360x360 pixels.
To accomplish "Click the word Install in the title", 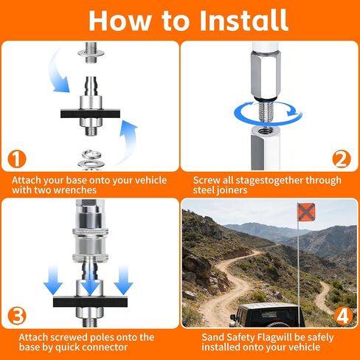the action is pyautogui.click(x=243, y=20).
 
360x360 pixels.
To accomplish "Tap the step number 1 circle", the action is pyautogui.click(x=17, y=159).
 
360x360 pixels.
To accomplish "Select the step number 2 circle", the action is pyautogui.click(x=342, y=159).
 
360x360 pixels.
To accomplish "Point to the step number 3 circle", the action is pyautogui.click(x=17, y=316).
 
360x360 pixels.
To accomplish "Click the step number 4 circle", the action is pyautogui.click(x=342, y=316).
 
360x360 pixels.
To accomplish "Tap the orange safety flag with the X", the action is pyautogui.click(x=306, y=212).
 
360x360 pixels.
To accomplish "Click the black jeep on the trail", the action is pyautogui.click(x=268, y=315).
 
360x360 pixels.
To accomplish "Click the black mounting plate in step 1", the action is pyautogui.click(x=90, y=114).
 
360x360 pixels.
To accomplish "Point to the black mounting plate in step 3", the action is pyautogui.click(x=90, y=302).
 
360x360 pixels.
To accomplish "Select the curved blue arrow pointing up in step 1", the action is pyautogui.click(x=128, y=142).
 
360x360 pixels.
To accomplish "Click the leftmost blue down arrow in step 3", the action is pyautogui.click(x=53, y=280).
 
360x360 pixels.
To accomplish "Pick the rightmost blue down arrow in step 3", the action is pyautogui.click(x=123, y=280).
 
